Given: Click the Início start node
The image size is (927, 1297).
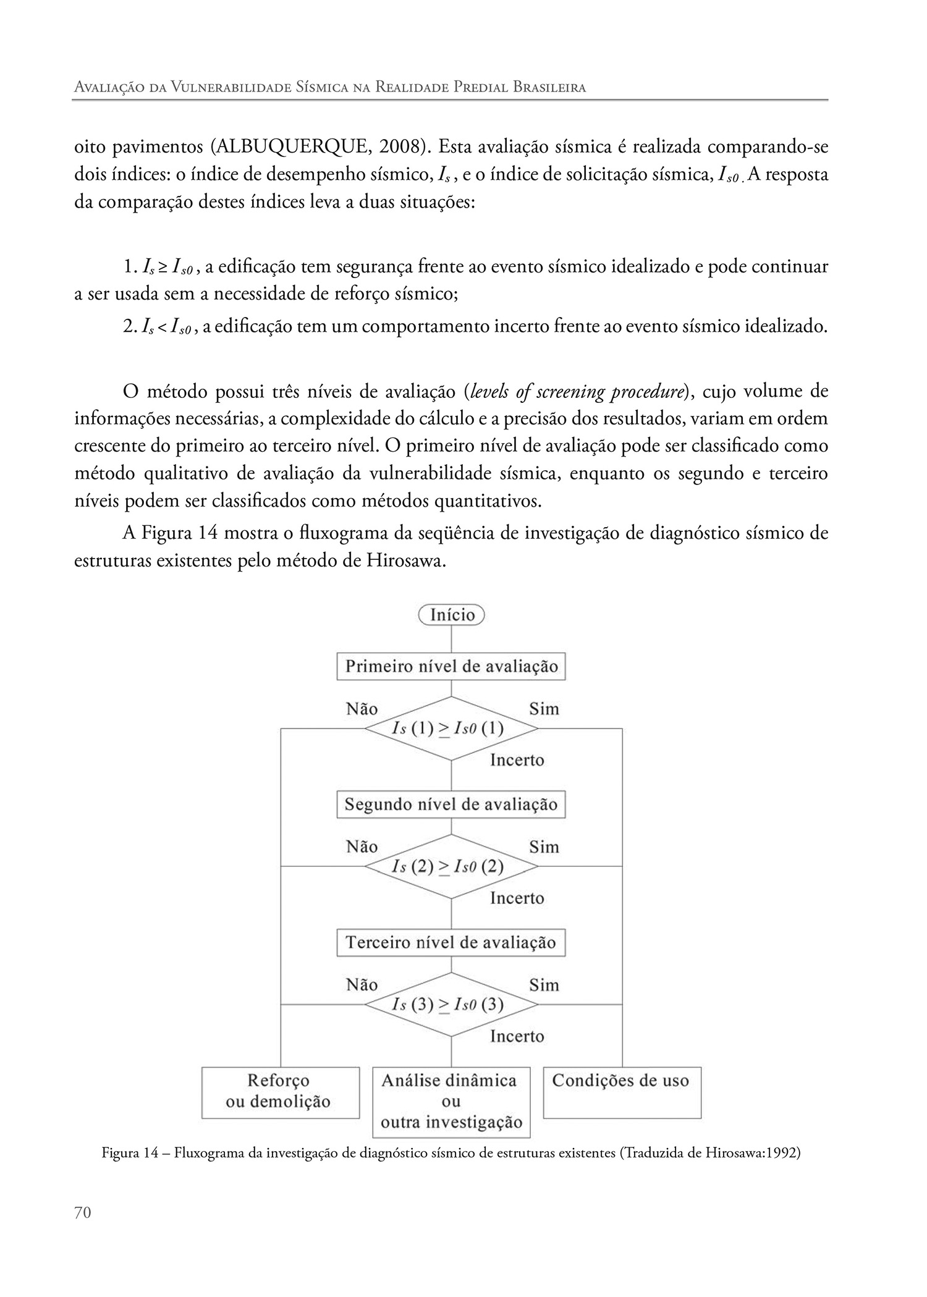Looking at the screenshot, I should coord(451,615).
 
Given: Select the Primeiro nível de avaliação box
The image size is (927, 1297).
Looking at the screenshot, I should coord(451,667).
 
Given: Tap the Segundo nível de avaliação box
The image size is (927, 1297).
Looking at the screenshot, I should coord(451,805).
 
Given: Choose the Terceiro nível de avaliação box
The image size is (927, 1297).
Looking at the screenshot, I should coord(451,942).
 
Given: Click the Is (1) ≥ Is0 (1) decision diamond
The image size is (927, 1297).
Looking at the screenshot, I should coord(451,729).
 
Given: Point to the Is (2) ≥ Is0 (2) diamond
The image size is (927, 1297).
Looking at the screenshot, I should coord(451,866).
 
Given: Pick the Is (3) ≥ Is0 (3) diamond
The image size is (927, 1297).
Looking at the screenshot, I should coord(451,1004).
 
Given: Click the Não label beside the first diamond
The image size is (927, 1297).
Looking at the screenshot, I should coord(362,709).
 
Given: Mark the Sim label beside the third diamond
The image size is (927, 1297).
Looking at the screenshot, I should coord(544,984).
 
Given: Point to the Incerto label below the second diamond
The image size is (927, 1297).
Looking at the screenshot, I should coord(517,898).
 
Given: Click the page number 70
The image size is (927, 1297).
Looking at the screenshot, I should coord(82,1230).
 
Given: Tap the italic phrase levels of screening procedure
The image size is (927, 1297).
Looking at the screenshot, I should coord(578,392).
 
